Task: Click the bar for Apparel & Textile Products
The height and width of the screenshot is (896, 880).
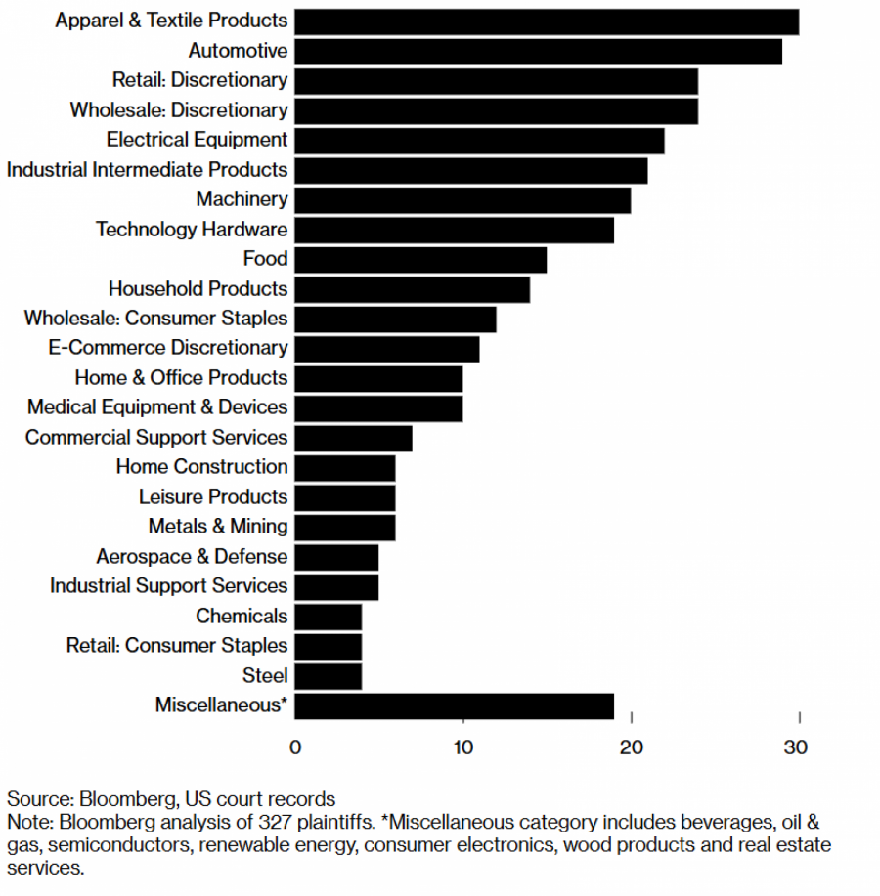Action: [547, 21]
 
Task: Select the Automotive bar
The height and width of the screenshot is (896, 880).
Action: [538, 51]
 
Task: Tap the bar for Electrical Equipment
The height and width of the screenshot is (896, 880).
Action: [479, 140]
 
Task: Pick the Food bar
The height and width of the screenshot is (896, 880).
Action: [420, 259]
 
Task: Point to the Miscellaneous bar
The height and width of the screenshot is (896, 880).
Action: [454, 705]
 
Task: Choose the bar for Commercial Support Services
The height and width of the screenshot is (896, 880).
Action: [353, 438]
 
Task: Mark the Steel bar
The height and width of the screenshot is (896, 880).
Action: [328, 675]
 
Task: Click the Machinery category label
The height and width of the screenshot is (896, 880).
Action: [242, 199]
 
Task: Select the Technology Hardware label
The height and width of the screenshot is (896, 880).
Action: [192, 230]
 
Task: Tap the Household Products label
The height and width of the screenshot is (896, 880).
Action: [198, 289]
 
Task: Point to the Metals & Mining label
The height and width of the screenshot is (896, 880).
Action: [218, 527]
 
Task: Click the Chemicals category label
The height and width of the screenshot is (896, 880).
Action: [242, 616]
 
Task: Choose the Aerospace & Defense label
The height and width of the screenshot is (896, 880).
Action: [192, 557]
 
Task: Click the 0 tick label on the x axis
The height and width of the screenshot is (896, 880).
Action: [295, 748]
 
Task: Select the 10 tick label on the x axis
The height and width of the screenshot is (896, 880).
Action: [462, 748]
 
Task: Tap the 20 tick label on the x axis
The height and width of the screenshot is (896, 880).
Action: [632, 748]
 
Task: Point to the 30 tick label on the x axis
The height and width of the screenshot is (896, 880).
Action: [796, 748]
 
